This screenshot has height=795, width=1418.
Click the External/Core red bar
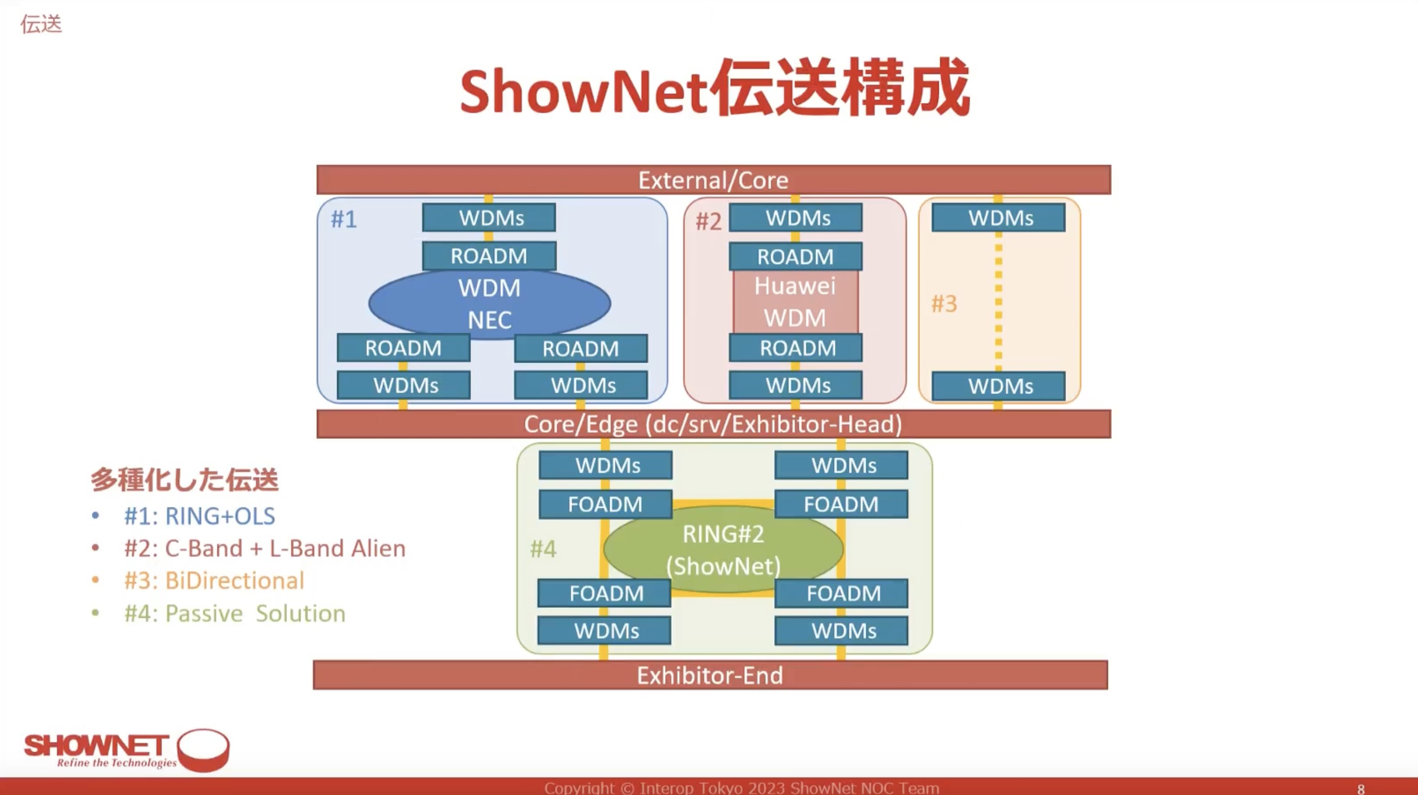[713, 180]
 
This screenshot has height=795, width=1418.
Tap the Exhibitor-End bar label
[710, 675]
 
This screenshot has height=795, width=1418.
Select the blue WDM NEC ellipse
[489, 303]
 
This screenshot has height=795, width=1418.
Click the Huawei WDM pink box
[795, 302]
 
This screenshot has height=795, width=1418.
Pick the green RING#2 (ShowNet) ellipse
[723, 550]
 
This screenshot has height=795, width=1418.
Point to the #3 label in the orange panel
[944, 304]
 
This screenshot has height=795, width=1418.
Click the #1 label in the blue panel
[344, 219]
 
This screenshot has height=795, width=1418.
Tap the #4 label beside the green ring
[543, 549]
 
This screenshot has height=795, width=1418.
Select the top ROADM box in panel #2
[795, 256]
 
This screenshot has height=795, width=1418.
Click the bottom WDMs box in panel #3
[998, 386]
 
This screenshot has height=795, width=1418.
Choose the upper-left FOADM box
[605, 504]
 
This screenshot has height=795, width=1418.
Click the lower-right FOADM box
[841, 593]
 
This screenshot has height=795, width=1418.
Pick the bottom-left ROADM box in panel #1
[403, 348]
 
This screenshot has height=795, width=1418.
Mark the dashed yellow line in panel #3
[998, 301]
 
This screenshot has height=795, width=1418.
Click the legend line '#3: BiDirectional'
[214, 580]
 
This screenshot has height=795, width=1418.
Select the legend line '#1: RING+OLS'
[200, 516]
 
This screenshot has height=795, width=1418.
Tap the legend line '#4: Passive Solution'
[235, 613]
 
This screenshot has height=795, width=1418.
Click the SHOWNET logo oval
[203, 750]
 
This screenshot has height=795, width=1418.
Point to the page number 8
[1361, 789]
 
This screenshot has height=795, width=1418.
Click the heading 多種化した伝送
[184, 479]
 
